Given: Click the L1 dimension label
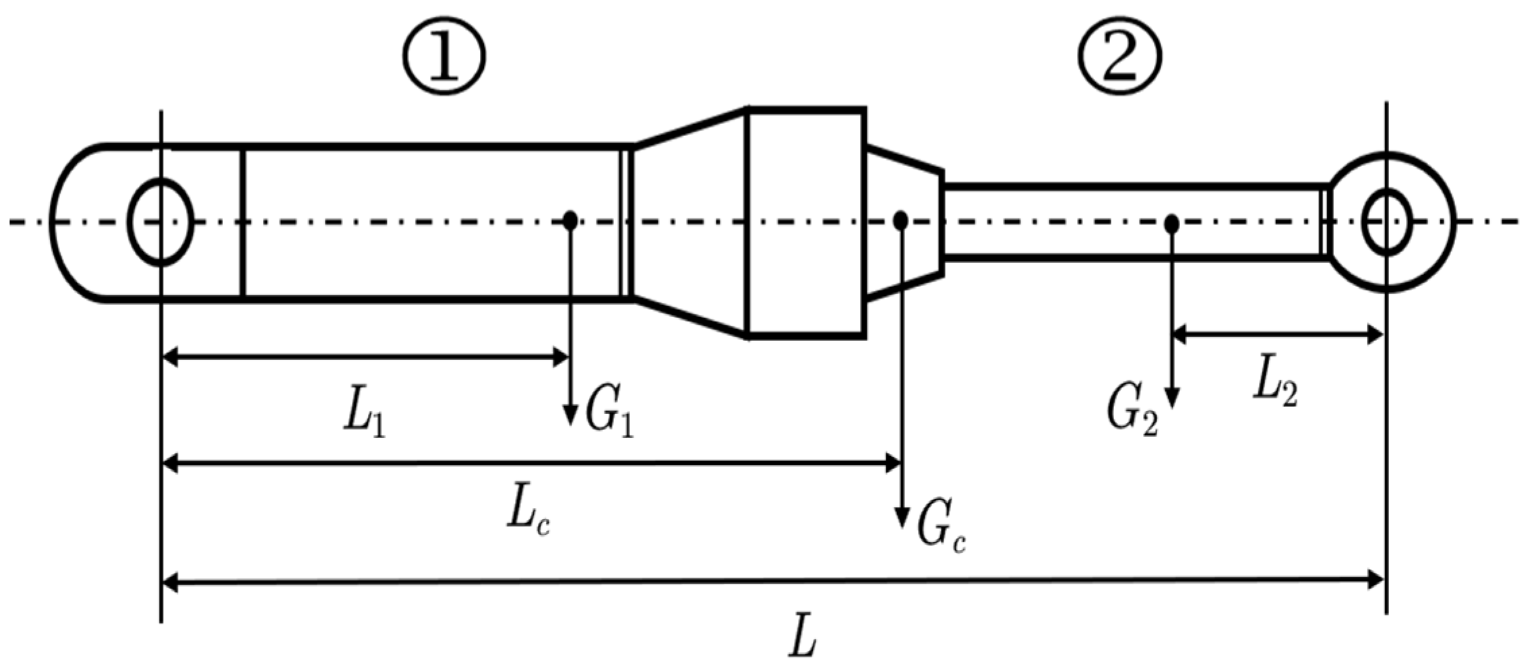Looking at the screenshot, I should pyautogui.click(x=365, y=418).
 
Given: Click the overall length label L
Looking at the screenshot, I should pyautogui.click(x=803, y=635).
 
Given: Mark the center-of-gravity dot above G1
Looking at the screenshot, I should pyautogui.click(x=570, y=220).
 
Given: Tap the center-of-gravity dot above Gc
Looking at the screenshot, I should pyautogui.click(x=900, y=220).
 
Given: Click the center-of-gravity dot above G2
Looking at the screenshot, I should pyautogui.click(x=1172, y=222).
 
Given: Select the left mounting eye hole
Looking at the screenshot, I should pyautogui.click(x=160, y=222).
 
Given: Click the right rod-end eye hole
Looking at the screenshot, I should pyautogui.click(x=1386, y=222).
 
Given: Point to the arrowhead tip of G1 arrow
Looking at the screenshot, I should pyautogui.click(x=570, y=423).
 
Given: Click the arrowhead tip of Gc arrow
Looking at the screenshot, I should pyautogui.click(x=900, y=526).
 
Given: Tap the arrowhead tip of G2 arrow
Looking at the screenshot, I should pyautogui.click(x=1172, y=406).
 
